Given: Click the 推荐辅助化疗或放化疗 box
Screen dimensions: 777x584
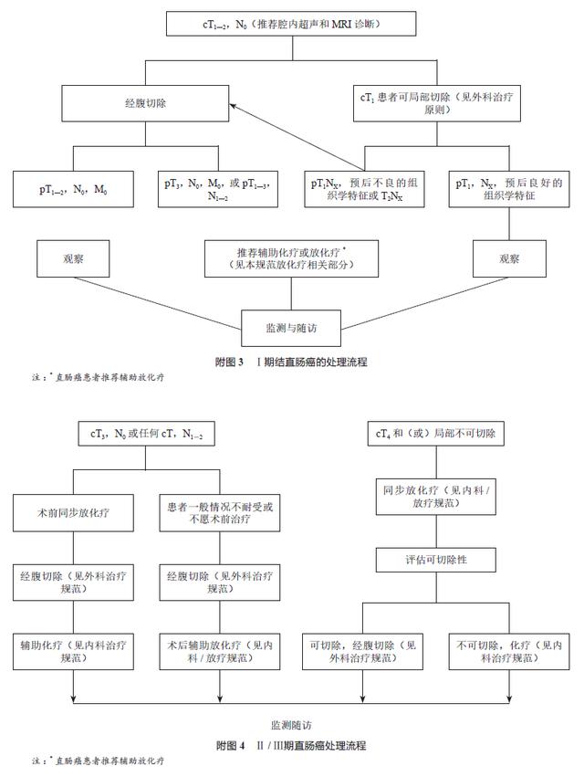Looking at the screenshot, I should [x=291, y=258].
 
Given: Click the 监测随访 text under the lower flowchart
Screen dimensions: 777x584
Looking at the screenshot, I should [x=291, y=724].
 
